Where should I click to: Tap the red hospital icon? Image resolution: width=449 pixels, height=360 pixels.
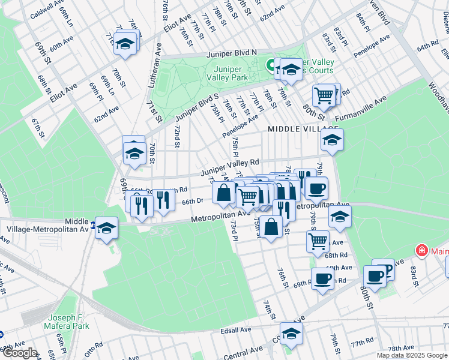423,250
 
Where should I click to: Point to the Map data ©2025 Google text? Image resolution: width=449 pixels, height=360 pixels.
412,355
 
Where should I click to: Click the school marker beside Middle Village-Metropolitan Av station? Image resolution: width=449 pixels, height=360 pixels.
107,228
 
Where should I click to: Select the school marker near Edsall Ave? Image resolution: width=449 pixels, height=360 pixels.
291,334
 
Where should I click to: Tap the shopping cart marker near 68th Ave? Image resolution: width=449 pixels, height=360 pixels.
318,241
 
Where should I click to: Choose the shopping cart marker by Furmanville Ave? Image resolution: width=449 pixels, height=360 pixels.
324,95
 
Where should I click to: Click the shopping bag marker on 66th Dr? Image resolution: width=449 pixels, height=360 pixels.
224,193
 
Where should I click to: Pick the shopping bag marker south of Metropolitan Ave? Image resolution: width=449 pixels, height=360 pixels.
271,227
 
